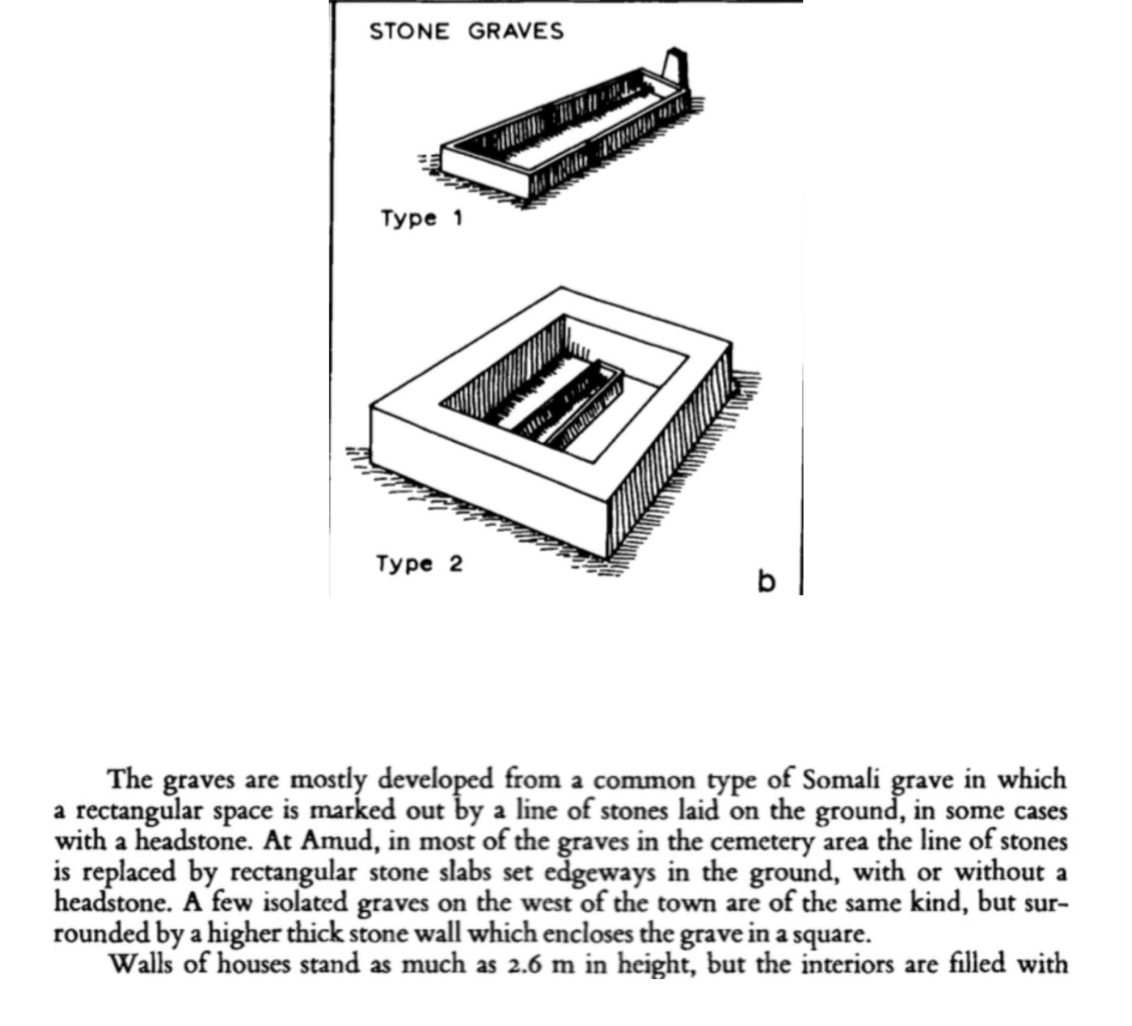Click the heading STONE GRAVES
(x=466, y=31)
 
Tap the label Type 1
(x=422, y=218)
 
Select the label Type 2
(x=420, y=563)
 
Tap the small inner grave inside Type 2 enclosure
(x=570, y=404)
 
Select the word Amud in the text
(x=337, y=841)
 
